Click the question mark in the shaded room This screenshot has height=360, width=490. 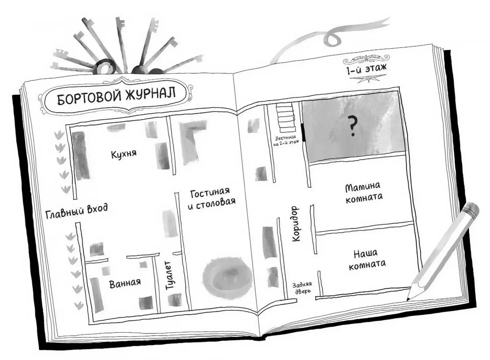(x=353, y=127)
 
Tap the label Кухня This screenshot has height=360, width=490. (x=123, y=154)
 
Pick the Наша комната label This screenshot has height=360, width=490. (x=367, y=258)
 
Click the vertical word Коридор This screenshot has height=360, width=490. (x=295, y=223)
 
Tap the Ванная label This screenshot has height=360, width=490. (x=125, y=282)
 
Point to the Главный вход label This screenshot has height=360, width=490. (x=77, y=211)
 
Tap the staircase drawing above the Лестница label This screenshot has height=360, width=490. (x=285, y=118)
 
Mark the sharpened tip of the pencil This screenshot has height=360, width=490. (x=410, y=297)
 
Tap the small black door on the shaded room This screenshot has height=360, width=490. (x=303, y=131)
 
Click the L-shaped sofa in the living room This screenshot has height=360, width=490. (x=191, y=139)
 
